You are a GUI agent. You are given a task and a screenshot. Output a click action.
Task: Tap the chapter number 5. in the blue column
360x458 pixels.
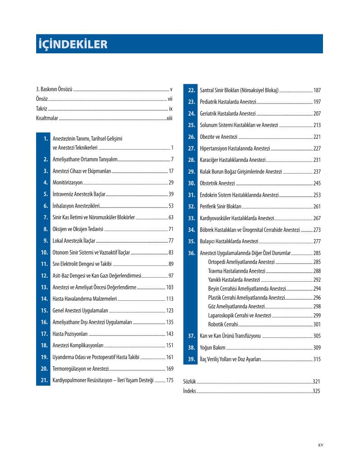click(46, 194)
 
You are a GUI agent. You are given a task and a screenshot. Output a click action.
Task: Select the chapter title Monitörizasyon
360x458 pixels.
click(67, 183)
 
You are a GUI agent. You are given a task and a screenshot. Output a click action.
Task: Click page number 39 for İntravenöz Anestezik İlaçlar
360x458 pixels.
click(171, 194)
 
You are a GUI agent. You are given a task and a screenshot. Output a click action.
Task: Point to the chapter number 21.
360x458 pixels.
click(44, 380)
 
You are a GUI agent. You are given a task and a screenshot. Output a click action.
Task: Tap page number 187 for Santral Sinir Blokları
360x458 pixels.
click(317, 90)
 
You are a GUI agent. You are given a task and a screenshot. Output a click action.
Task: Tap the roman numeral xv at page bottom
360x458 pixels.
click(320, 445)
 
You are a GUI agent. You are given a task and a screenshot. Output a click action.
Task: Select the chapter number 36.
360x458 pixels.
click(191, 253)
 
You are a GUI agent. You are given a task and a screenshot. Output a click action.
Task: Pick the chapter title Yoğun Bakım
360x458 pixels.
click(212, 348)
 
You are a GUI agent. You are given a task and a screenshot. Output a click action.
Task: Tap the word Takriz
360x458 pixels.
click(42, 109)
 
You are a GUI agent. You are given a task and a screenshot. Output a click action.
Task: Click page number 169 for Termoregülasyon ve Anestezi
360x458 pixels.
click(170, 368)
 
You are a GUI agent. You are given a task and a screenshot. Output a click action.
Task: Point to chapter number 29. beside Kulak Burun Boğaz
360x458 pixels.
click(191, 172)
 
